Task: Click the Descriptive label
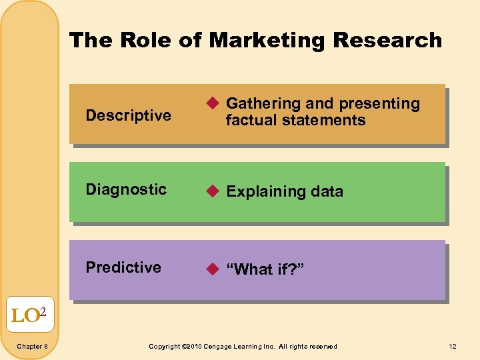tap(129, 115)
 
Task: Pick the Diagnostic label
tap(126, 189)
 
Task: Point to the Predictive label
tap(123, 267)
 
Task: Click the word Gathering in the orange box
tap(263, 104)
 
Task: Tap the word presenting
tap(379, 104)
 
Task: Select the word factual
tap(249, 121)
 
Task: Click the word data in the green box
tap(327, 192)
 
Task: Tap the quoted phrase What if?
tap(265, 269)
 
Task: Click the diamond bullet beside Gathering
tap(212, 103)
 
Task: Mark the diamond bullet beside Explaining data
tap(212, 191)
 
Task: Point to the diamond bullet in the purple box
tap(212, 269)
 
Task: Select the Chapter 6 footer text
tap(31, 347)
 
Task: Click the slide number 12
tap(453, 347)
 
